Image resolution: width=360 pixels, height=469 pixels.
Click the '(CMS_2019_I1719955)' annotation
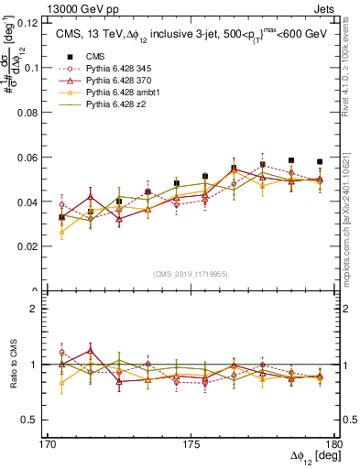[191, 273]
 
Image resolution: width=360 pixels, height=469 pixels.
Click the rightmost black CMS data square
[320, 161]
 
